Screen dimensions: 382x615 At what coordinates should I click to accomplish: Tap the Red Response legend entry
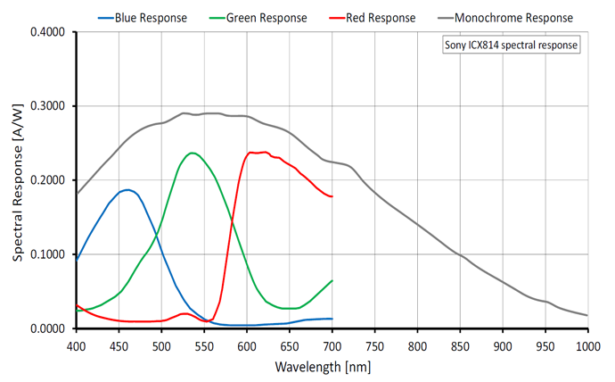click(373, 17)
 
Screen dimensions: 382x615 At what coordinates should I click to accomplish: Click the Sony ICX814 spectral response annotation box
click(512, 44)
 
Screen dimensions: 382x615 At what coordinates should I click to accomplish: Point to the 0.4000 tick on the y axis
click(48, 32)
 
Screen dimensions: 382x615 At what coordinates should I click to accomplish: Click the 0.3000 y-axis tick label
click(48, 106)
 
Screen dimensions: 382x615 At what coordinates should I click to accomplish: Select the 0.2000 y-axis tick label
click(48, 180)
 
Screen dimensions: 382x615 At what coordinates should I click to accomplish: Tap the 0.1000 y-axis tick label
click(48, 254)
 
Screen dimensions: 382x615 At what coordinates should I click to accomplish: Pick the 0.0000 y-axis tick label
click(48, 328)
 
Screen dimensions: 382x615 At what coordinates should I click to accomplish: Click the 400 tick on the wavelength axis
click(77, 345)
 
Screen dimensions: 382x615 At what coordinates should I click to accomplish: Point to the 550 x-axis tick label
click(204, 345)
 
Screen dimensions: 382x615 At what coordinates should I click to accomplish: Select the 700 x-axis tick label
click(332, 345)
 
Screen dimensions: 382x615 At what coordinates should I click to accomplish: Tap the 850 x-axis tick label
click(460, 345)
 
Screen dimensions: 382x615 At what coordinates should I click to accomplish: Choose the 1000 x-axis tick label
click(586, 345)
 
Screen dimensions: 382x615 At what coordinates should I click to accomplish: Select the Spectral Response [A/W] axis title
click(18, 180)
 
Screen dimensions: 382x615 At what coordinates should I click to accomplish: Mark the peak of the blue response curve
click(128, 189)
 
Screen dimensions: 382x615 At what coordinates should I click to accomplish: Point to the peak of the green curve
click(192, 153)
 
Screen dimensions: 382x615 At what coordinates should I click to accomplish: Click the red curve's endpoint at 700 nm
click(332, 196)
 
